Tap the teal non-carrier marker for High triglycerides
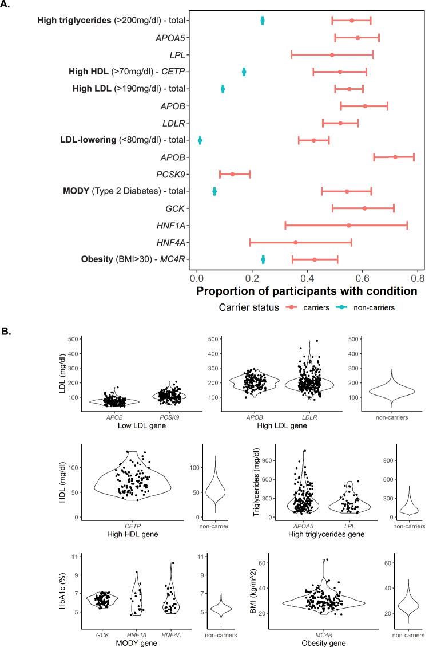click(x=263, y=21)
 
